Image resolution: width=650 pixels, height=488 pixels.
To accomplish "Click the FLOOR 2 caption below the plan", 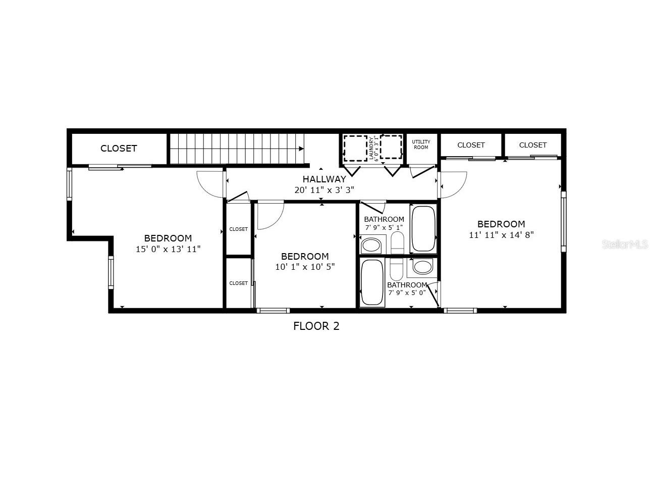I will click(316, 326).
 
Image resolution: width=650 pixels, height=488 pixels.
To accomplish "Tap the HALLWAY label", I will click(324, 179).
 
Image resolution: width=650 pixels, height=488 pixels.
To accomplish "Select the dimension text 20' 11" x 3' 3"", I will click(324, 190).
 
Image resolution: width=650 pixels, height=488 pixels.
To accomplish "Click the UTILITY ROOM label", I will click(420, 144).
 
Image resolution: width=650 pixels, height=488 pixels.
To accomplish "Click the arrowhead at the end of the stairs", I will click(301, 149).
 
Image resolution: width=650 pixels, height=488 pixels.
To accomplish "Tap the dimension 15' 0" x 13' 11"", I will click(168, 249).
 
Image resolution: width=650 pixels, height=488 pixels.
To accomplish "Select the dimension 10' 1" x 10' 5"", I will click(305, 267).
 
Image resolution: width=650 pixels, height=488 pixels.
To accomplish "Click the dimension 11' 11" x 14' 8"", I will click(501, 234).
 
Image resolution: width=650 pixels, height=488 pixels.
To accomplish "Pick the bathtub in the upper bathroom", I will click(423, 229).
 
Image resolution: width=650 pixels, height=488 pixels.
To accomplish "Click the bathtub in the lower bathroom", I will click(372, 282).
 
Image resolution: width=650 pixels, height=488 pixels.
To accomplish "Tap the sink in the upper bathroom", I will click(372, 246).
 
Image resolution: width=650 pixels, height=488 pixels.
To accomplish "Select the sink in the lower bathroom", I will click(422, 266).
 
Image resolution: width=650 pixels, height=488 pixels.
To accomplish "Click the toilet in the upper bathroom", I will click(397, 243).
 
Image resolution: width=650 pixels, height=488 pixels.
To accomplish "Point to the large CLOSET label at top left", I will click(119, 148).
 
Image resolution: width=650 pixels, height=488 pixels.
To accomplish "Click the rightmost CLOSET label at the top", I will click(532, 145).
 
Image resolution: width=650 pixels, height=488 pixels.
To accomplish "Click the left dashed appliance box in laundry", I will click(355, 148).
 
